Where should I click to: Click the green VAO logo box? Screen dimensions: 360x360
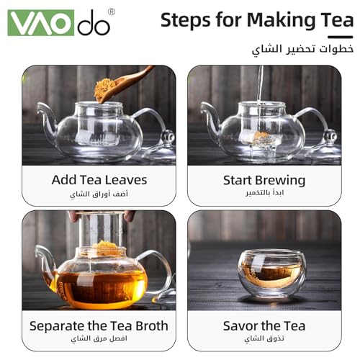coord(41,23)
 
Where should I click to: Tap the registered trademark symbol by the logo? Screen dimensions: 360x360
coord(112,12)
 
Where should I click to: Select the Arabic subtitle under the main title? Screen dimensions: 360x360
coord(302,50)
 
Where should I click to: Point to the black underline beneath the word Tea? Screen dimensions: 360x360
coord(341,37)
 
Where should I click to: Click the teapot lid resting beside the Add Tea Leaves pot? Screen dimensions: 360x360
coord(161,147)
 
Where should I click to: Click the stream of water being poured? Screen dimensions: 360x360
coord(260,86)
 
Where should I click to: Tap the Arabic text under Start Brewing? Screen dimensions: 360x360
coord(264,193)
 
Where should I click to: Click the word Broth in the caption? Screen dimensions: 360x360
coord(152,326)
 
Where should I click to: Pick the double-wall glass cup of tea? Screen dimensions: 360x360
coord(271,274)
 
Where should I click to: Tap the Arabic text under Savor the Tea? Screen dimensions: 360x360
coord(264,338)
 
